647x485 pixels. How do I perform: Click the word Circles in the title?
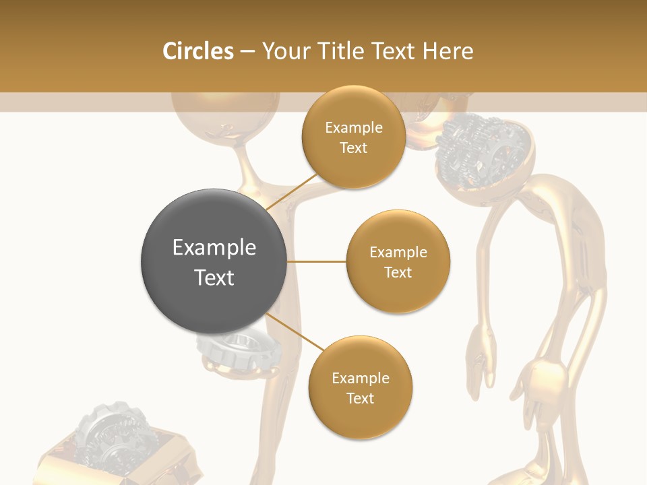(x=197, y=51)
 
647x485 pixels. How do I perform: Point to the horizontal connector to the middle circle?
(x=317, y=261)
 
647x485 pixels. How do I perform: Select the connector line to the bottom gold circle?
(x=295, y=333)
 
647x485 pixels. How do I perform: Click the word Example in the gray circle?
(x=214, y=248)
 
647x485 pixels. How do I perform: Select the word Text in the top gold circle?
(x=353, y=148)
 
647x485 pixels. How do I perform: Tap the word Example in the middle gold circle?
(x=398, y=253)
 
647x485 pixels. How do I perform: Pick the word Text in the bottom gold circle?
(x=360, y=399)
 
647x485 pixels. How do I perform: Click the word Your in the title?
(x=284, y=51)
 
